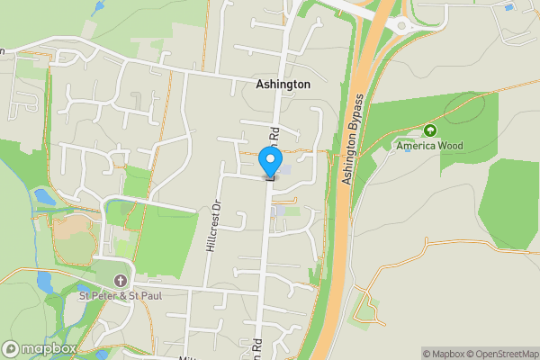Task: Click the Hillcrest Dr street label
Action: click(214, 226)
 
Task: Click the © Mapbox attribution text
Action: click(442, 354)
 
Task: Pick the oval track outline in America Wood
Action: click(468, 110)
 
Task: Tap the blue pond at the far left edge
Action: click(43, 195)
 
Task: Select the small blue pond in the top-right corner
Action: click(509, 7)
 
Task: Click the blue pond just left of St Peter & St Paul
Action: click(45, 282)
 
